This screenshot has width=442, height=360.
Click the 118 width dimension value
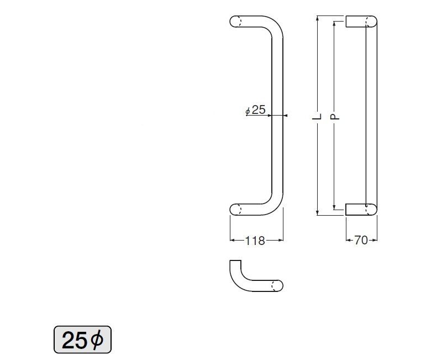[x=255, y=241]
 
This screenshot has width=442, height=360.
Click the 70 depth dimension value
[x=361, y=241]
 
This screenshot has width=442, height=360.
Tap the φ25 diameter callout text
[x=256, y=110]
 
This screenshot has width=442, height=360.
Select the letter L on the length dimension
[x=317, y=116]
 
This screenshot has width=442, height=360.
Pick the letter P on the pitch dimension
[x=334, y=117]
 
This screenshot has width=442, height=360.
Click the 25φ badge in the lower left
[x=82, y=340]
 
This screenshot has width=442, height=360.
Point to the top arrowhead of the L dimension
[x=318, y=19]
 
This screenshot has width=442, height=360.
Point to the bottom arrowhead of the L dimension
[x=318, y=213]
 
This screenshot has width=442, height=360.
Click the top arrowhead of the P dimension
[x=334, y=24]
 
